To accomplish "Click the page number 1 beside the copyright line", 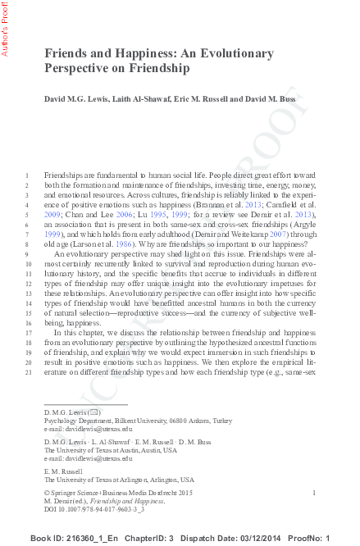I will click(314, 491).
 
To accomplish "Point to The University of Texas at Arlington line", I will click(119, 479).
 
